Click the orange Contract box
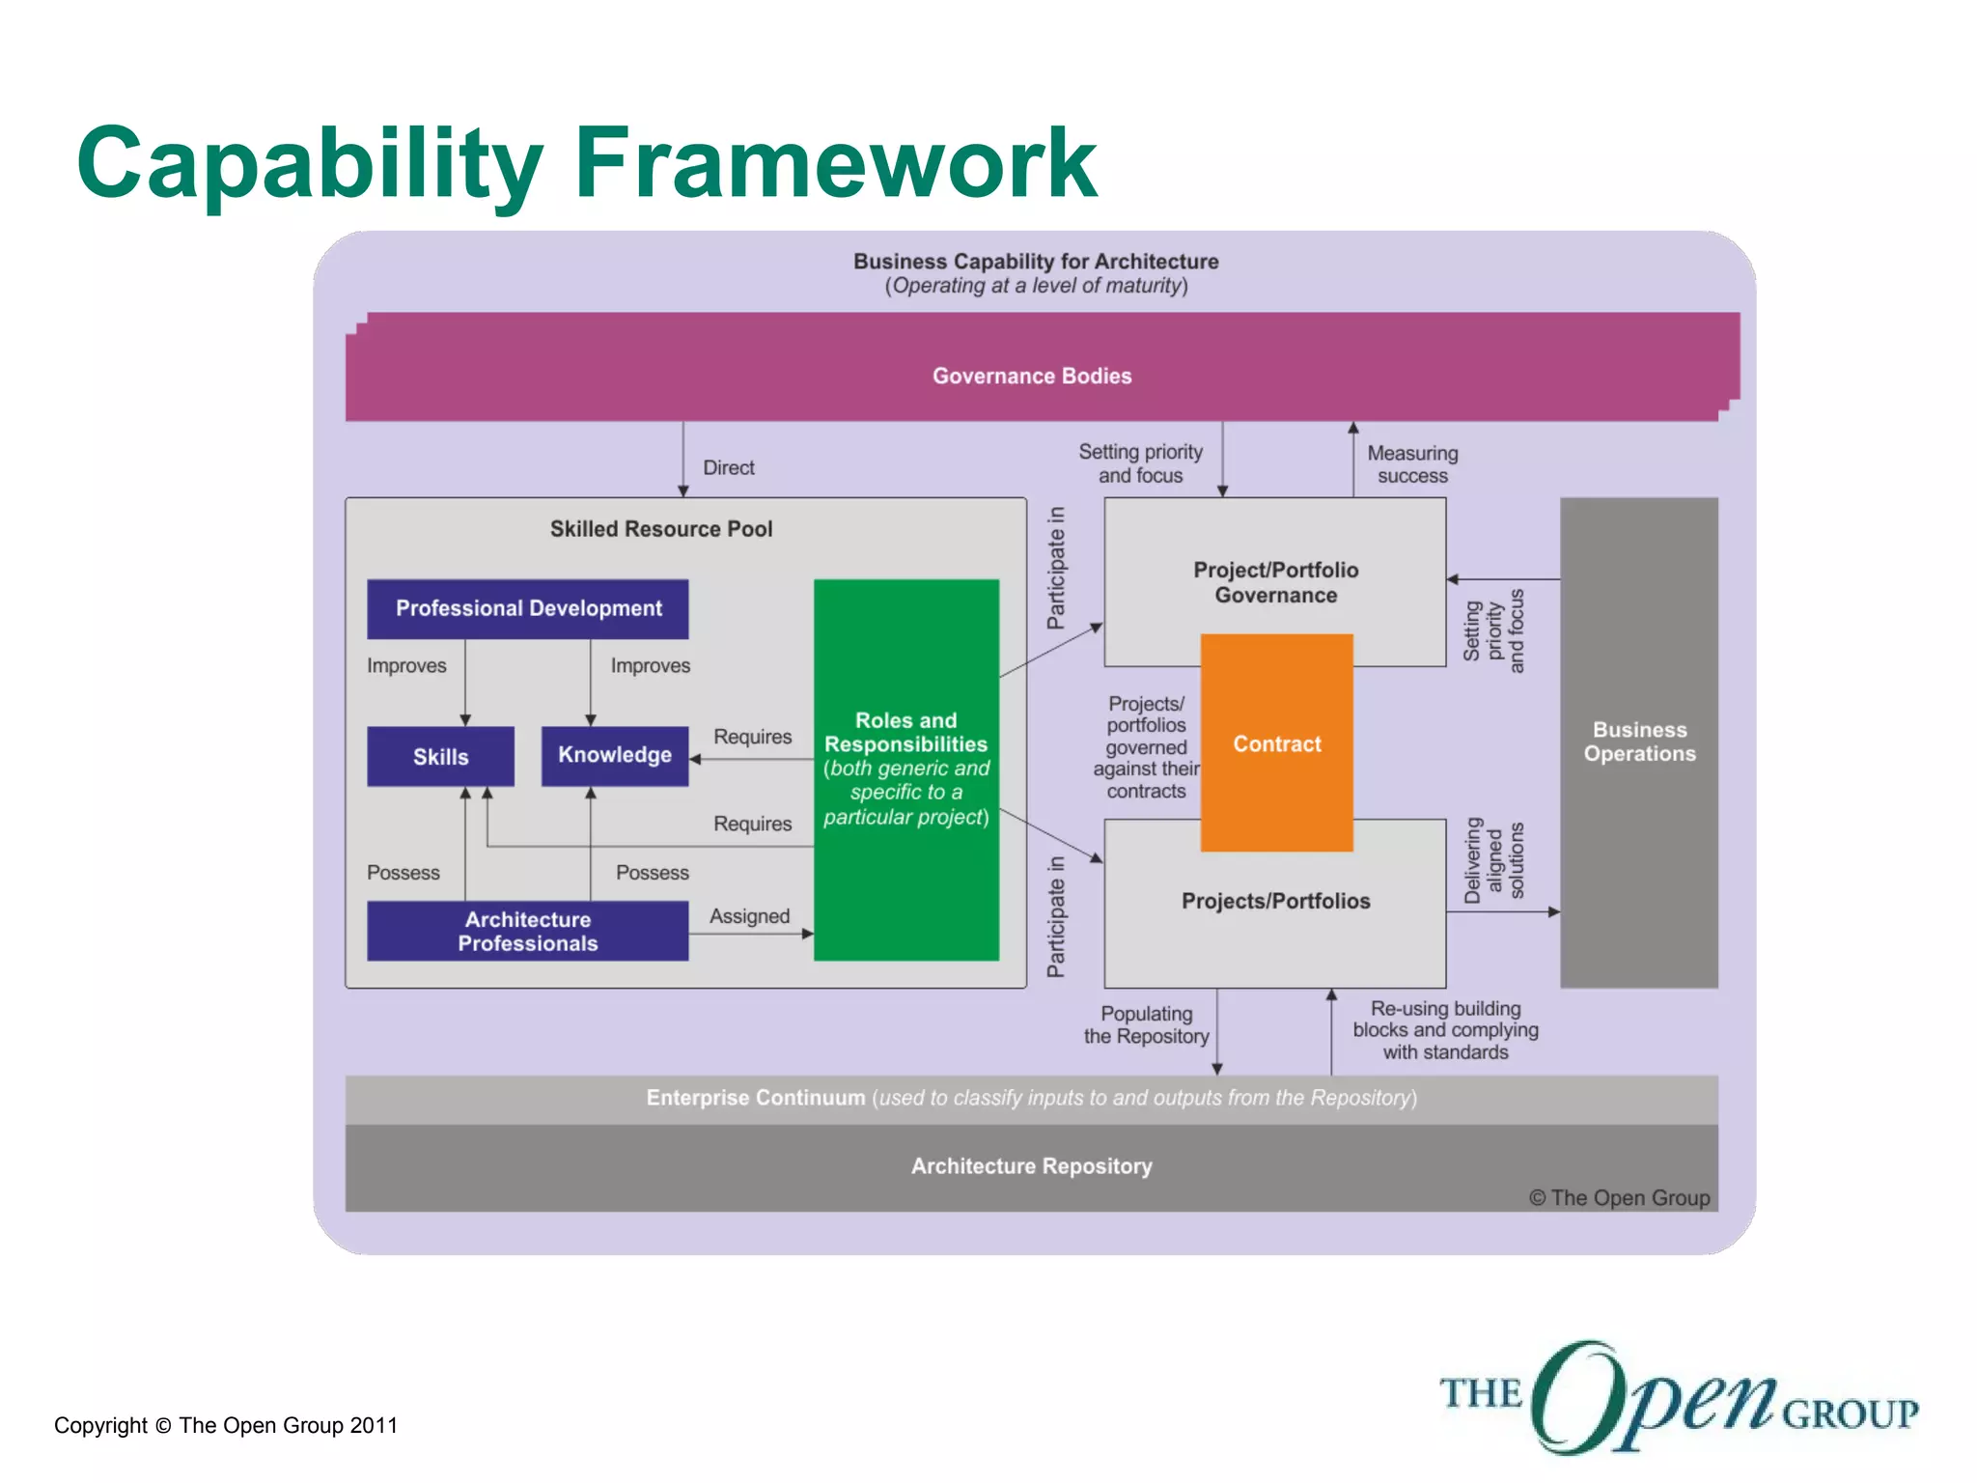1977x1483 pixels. tap(1276, 742)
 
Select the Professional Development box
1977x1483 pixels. tap(528, 608)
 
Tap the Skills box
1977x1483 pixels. tap(440, 756)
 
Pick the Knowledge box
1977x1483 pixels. tap(614, 755)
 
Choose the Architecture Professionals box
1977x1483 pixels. tap(527, 931)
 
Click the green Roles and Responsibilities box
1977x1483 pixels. tap(905, 769)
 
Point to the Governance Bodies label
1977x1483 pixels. tap(1031, 376)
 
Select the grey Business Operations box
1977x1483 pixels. tap(1638, 741)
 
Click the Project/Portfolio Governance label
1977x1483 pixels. tap(1275, 582)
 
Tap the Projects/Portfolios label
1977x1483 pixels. tap(1275, 901)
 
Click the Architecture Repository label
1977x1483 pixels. tap(1031, 1166)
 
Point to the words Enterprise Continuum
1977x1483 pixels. tap(755, 1098)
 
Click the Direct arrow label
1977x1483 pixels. tap(728, 467)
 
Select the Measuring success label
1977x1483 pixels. tap(1411, 464)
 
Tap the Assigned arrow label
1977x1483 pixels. tap(749, 916)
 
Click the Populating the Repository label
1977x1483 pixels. tap(1146, 1024)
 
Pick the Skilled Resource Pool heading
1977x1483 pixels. tap(660, 529)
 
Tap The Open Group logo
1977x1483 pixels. tap(1678, 1397)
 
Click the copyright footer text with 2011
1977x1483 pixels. tap(225, 1425)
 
